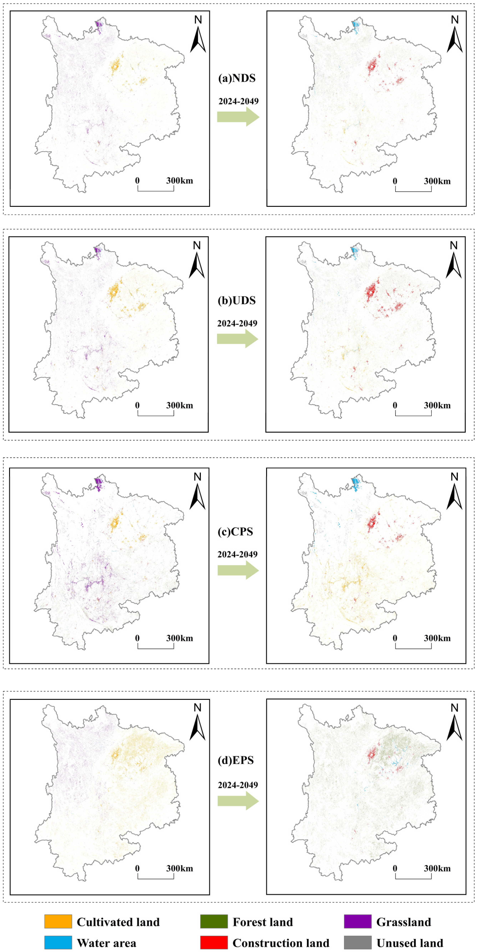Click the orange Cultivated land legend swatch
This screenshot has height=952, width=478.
58,921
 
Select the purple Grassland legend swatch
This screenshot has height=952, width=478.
357,921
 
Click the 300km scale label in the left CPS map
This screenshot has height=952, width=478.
179,638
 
